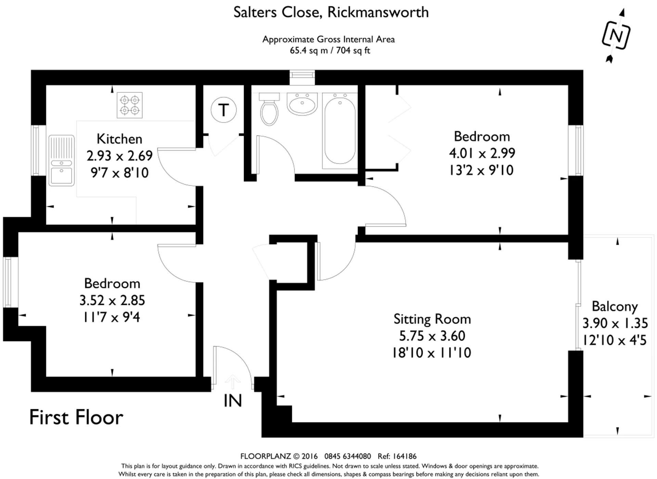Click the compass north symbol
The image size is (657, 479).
616,36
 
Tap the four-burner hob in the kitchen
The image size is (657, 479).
130,105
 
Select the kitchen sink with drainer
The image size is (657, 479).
62,160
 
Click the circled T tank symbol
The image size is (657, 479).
223,110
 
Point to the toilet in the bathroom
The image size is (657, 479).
269,109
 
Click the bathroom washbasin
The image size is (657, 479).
302,104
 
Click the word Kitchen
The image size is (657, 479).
119,139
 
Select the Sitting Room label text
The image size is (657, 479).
432,319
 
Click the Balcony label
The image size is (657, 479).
615,307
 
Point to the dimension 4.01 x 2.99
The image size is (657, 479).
482,153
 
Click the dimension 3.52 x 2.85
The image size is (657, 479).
112,300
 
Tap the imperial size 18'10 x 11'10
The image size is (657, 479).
431,353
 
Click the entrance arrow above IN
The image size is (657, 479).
233,381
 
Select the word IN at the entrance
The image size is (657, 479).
233,401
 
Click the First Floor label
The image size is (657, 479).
76,417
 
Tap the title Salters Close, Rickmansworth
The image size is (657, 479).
331,12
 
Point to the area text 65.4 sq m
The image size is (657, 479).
309,51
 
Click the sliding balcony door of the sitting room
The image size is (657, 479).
578,306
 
